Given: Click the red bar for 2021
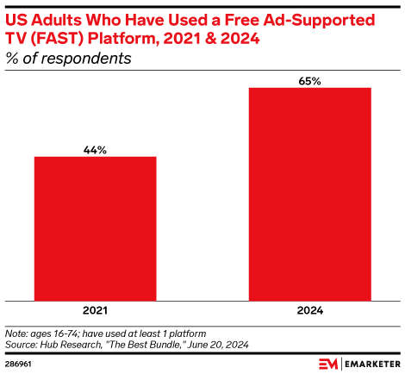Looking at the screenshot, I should click(95, 229).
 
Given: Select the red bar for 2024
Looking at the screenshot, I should click(309, 195).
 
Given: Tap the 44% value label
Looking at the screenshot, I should click(95, 150).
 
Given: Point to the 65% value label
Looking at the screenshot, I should click(309, 81).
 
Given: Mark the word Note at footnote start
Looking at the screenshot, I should click(16, 333).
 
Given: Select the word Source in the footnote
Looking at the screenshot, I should click(20, 343).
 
